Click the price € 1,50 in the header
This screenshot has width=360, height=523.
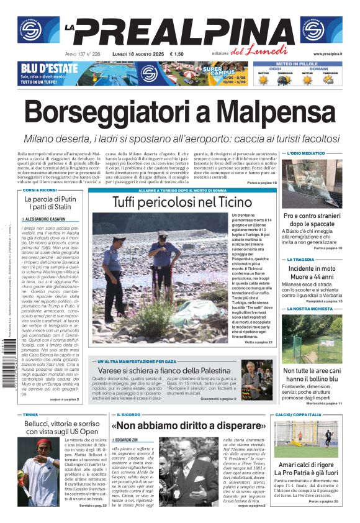point(177,54)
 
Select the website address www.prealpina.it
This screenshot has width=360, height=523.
point(328,54)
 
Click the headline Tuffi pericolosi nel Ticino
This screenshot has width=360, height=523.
point(182,202)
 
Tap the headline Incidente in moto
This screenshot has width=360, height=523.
point(312,268)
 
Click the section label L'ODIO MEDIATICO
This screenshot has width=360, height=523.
point(305,153)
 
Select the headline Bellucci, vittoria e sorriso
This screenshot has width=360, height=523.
point(53,424)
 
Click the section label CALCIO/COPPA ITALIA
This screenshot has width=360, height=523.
point(299,414)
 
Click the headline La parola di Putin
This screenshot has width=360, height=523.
point(50,199)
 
